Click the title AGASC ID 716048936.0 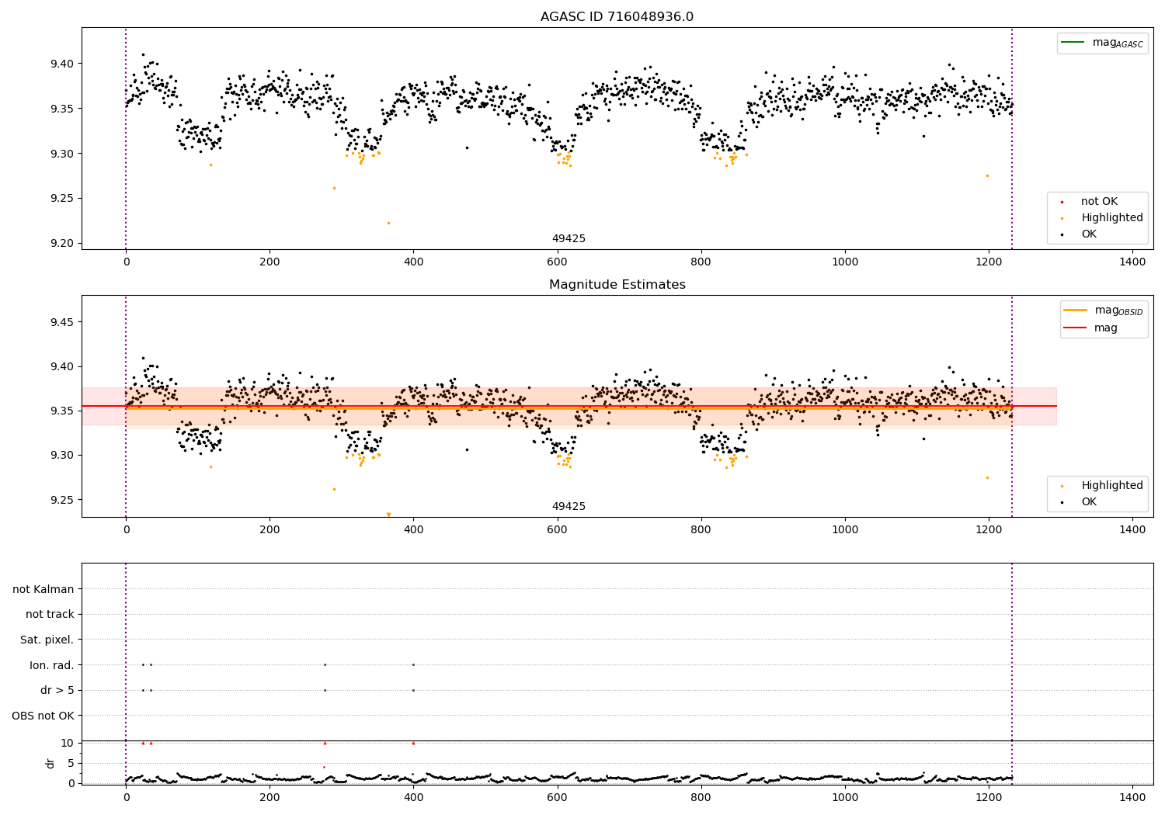(617, 17)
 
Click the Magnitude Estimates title (617, 285)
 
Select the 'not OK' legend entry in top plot (1098, 202)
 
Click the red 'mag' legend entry (1105, 328)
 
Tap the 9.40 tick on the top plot (62, 64)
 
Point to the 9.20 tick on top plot (62, 243)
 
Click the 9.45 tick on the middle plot (62, 322)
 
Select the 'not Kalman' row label (43, 589)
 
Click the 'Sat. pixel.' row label (47, 640)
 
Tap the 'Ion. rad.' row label (51, 665)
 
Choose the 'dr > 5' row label (57, 690)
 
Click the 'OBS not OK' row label (43, 716)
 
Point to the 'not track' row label (50, 615)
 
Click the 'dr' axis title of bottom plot (50, 763)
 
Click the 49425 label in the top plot (569, 239)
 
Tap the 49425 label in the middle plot (569, 507)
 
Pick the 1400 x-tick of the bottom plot (1132, 796)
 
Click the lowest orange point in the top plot (388, 223)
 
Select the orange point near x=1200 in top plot (987, 175)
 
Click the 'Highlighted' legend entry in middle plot (1111, 486)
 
